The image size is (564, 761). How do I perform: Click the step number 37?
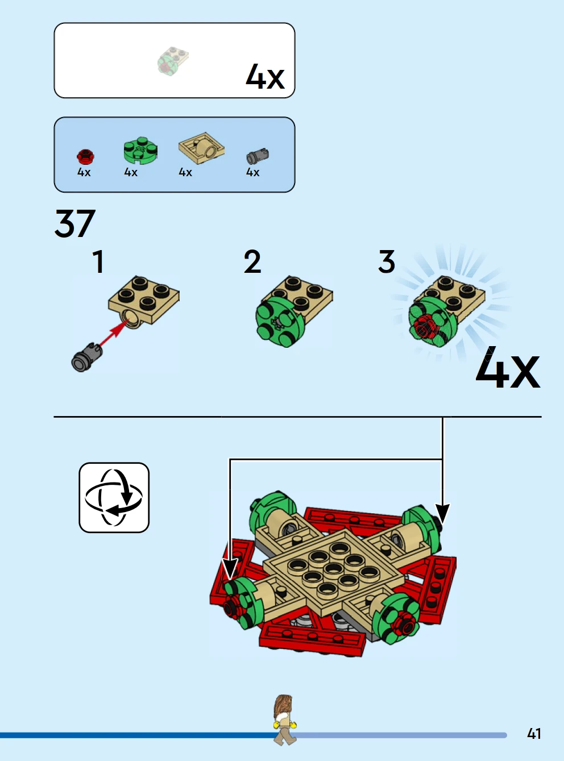[75, 223]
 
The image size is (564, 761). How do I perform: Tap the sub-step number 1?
[99, 262]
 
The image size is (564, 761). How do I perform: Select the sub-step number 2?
[252, 262]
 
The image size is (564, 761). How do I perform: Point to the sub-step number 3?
[387, 262]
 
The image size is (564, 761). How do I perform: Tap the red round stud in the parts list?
[85, 157]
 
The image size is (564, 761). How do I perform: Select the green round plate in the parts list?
[140, 151]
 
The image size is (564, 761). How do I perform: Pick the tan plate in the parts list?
[201, 148]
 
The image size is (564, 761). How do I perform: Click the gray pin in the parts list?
[258, 156]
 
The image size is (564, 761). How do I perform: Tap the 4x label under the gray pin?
[252, 172]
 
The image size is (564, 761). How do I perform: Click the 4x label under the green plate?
[131, 172]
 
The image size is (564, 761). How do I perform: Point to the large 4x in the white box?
[265, 77]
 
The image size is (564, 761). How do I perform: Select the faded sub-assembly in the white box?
[173, 61]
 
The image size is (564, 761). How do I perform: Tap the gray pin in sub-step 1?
[86, 357]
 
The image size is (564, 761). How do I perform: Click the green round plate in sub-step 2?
[280, 322]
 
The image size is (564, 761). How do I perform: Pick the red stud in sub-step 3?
[425, 326]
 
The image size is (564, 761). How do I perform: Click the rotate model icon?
[114, 497]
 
